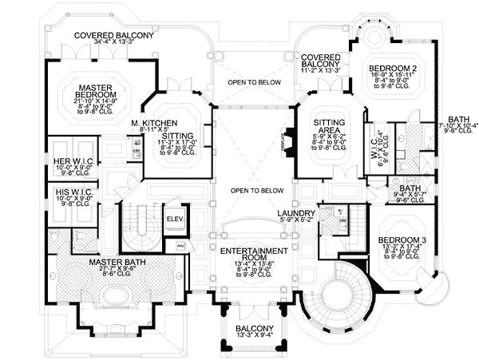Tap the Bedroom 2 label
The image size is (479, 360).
391,70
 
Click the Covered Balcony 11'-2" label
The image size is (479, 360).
320,60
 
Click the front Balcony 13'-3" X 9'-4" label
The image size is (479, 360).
255,329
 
